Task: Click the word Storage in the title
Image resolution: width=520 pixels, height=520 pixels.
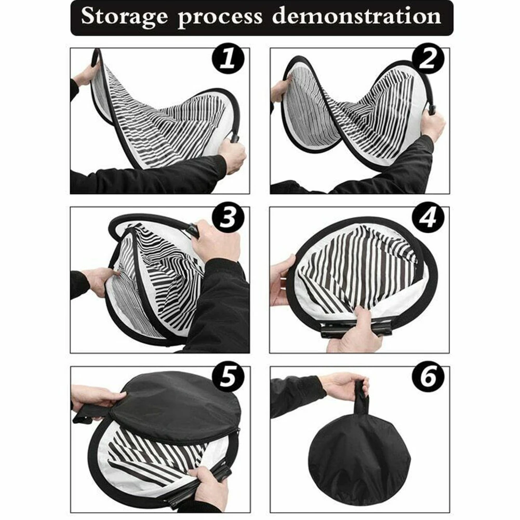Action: [x=125, y=17]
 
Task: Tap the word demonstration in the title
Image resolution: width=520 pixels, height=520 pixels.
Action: [x=356, y=17]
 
